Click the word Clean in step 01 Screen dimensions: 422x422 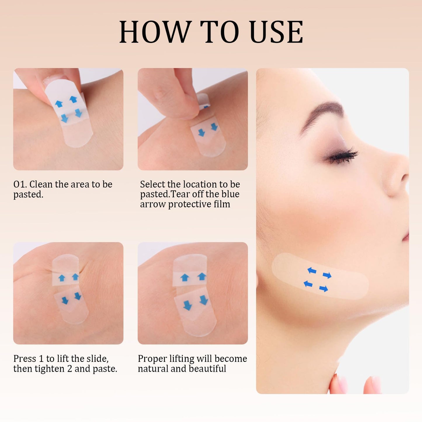pos(41,184)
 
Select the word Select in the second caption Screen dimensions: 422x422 pos(153,184)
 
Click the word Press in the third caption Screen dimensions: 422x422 pos(25,359)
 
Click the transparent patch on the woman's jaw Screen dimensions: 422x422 pos(320,276)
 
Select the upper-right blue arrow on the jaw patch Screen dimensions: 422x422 pos(327,275)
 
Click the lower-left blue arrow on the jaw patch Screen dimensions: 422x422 pos(308,284)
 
